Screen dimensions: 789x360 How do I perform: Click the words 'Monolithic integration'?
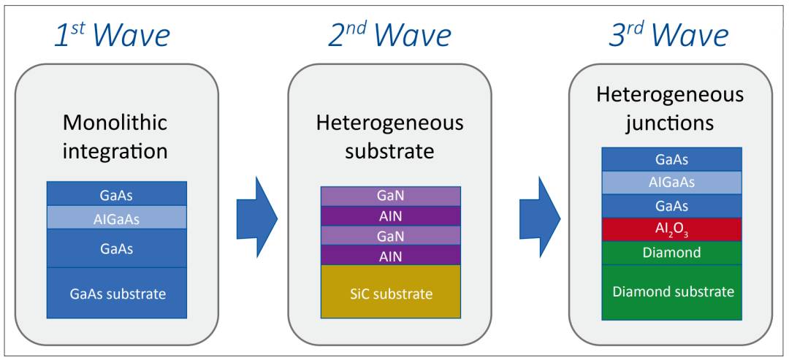pyautogui.click(x=115, y=137)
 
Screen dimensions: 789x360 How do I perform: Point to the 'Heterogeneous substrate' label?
pyautogui.click(x=389, y=137)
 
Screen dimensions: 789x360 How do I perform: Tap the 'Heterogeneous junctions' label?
pyautogui.click(x=670, y=109)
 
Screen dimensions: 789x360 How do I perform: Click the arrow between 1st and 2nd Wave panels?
pyautogui.click(x=257, y=217)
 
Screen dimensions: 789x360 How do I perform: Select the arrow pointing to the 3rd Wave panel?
pyautogui.click(x=540, y=217)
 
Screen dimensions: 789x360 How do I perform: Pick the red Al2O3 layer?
pyautogui.click(x=672, y=230)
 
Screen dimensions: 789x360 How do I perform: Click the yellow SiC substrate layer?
pyautogui.click(x=391, y=291)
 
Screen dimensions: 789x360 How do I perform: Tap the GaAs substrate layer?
pyautogui.click(x=117, y=293)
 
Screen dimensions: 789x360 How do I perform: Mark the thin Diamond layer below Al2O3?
pyautogui.click(x=672, y=253)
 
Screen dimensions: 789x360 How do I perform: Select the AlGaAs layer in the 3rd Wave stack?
pyautogui.click(x=672, y=183)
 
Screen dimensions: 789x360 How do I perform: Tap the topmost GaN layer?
pyautogui.click(x=391, y=196)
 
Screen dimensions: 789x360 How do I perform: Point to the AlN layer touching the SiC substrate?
pyautogui.click(x=391, y=256)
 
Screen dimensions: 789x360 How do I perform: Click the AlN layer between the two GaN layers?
pyautogui.click(x=391, y=216)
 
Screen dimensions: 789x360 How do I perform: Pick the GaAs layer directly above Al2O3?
pyautogui.click(x=672, y=206)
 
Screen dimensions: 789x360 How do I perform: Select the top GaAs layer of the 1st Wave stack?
pyautogui.click(x=117, y=194)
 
